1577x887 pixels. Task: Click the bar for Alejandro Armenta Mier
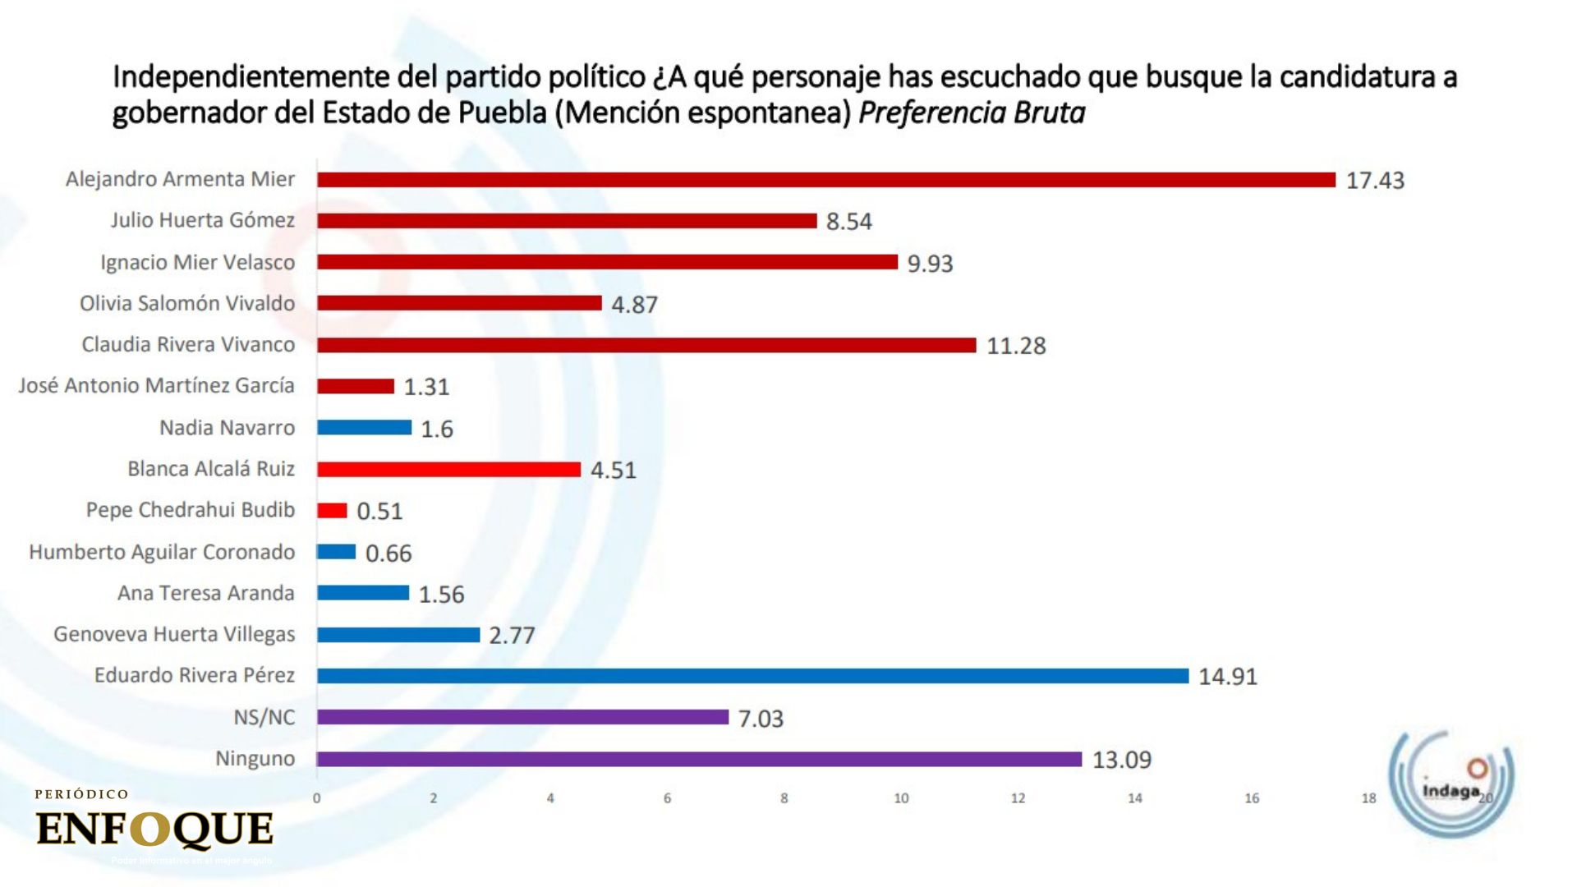coord(825,180)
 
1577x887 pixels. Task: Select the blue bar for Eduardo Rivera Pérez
coord(752,676)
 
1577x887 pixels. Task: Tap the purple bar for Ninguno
coord(699,759)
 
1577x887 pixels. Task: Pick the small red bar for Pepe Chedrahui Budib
coord(332,511)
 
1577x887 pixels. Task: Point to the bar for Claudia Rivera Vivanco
coord(646,345)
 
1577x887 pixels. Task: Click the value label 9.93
coord(930,264)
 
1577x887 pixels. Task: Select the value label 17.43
coord(1375,181)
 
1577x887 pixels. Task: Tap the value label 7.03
coord(761,719)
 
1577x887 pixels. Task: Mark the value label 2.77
coord(512,636)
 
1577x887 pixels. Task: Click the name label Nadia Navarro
coord(227,428)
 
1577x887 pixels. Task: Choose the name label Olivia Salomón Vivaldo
coord(187,304)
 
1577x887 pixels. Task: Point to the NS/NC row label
coord(264,718)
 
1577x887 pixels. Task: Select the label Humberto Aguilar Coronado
coord(162,552)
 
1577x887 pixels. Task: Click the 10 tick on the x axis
coord(901,798)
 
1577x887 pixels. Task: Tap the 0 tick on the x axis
coord(317,798)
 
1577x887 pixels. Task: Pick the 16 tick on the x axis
coord(1252,798)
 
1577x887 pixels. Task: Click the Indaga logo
coord(1451,780)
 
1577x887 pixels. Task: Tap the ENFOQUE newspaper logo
coord(154,827)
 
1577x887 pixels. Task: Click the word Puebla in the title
coord(502,113)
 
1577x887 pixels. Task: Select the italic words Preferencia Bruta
coord(972,113)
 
